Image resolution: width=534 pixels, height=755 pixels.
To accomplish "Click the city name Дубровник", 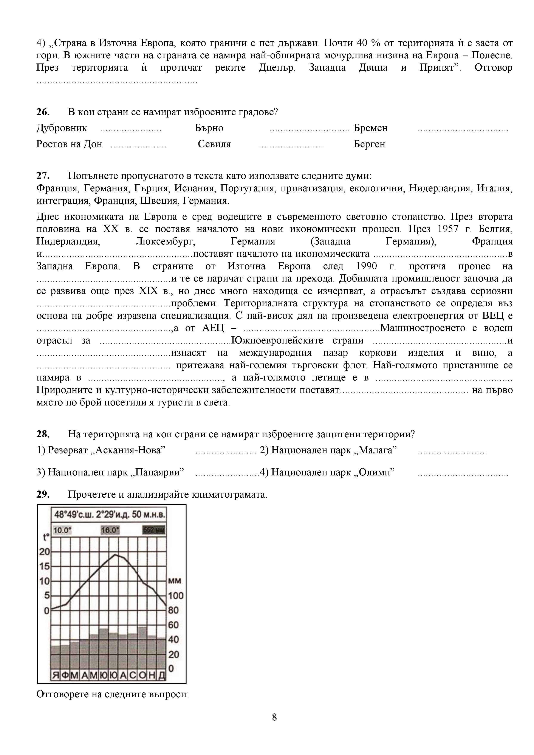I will [62, 128].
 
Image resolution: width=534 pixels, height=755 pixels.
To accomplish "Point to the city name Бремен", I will [371, 128].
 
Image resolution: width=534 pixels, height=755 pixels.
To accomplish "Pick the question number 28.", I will [43, 434].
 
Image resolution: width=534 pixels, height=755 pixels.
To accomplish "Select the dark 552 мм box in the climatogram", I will [153, 530].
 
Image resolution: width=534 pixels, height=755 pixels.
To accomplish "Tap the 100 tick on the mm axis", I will [176, 596].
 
